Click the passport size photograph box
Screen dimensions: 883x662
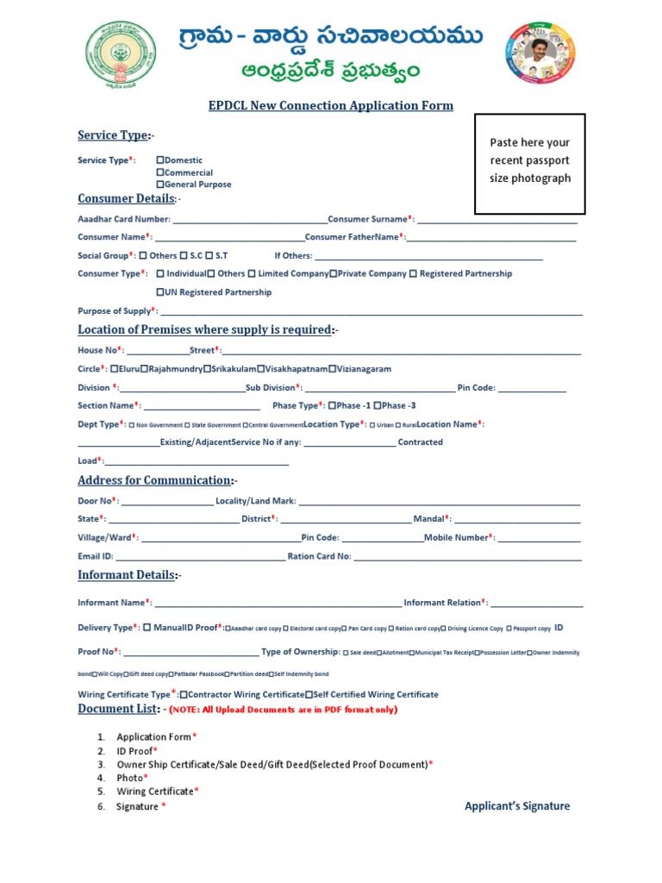point(530,163)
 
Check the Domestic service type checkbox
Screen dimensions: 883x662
point(159,160)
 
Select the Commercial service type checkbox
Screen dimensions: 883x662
point(159,172)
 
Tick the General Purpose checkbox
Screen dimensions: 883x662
point(159,185)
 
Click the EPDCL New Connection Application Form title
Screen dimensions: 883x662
point(331,106)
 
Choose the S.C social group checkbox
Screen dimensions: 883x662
point(184,256)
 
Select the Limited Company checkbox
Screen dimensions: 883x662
point(252,274)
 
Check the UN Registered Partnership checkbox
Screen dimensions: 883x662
point(159,292)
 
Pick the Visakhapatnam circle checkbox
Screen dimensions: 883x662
point(262,369)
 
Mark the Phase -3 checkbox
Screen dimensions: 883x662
point(378,406)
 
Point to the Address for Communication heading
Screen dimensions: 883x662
point(154,480)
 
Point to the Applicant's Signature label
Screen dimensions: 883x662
point(517,806)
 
